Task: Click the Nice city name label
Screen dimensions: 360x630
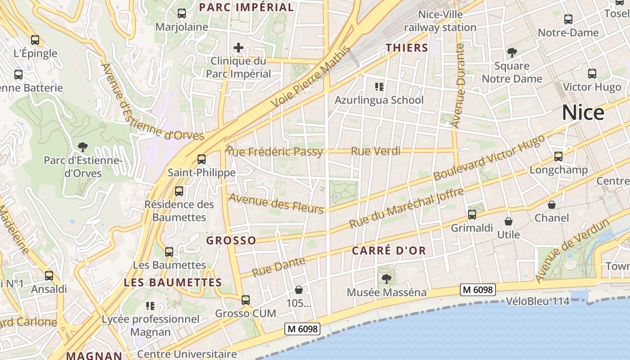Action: [x=583, y=112]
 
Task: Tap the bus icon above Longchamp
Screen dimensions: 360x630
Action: [x=558, y=157]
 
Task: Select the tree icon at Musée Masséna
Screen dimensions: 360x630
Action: [x=386, y=279]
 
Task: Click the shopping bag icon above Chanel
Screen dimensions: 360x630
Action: [x=552, y=205]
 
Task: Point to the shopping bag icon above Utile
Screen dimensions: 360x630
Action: [x=508, y=221]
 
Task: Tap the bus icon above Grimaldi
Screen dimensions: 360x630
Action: [x=472, y=215]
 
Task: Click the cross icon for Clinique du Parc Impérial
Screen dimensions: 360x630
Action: [x=238, y=48]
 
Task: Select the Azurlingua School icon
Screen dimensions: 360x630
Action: [x=379, y=86]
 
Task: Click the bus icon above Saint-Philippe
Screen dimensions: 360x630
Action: [x=202, y=159]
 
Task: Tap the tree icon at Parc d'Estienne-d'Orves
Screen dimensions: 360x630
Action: [x=82, y=147]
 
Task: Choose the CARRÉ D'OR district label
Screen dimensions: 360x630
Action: [x=389, y=251]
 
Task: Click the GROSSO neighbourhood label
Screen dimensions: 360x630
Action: [x=231, y=241]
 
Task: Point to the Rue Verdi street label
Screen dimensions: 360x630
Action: [x=375, y=151]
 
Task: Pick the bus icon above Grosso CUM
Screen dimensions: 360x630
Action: [x=246, y=300]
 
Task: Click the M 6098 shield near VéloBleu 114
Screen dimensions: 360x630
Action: [x=477, y=290]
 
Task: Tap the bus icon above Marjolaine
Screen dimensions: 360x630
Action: [x=182, y=13]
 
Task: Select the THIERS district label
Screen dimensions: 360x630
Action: [x=407, y=48]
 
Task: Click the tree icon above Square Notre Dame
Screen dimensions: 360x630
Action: [x=512, y=53]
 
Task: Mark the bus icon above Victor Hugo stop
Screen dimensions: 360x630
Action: [x=592, y=74]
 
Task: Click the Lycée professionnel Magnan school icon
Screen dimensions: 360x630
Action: [x=150, y=306]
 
